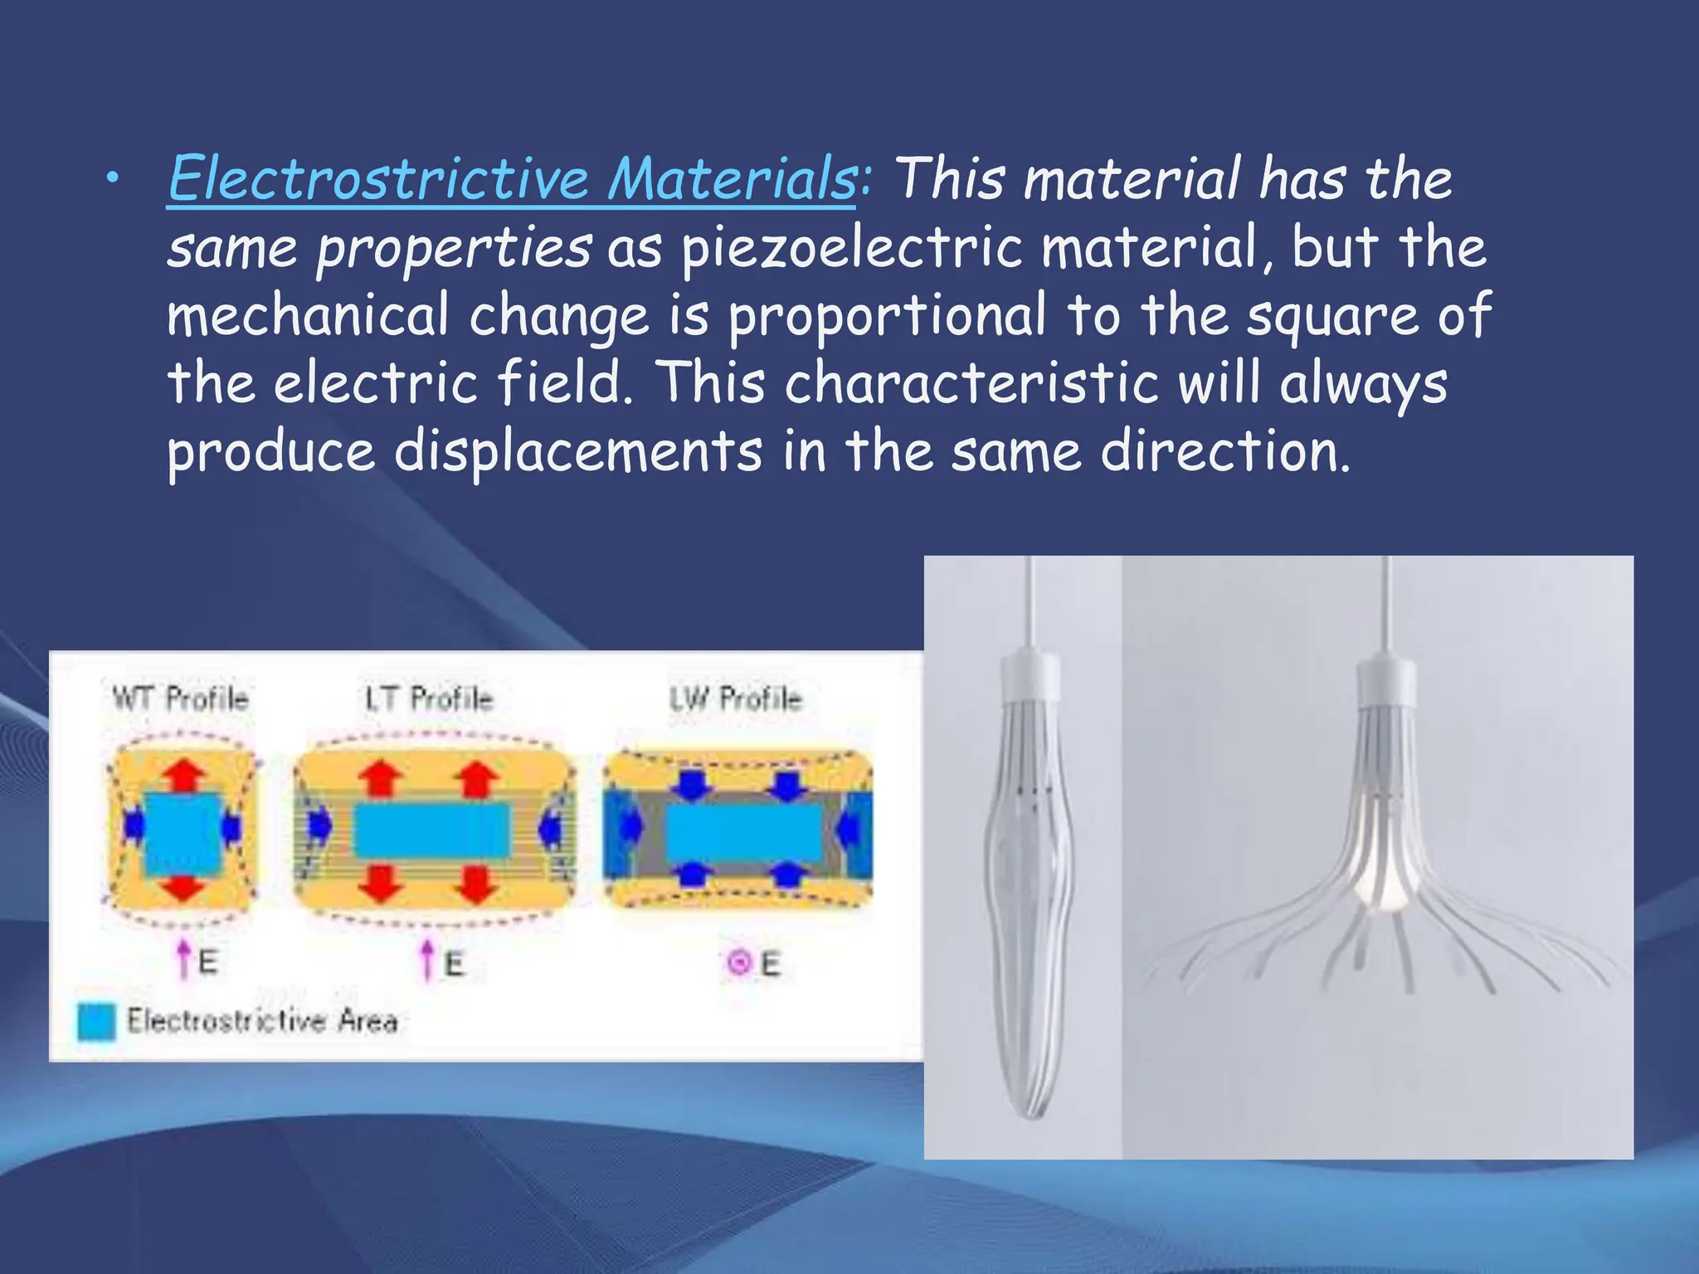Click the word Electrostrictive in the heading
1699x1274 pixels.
[x=378, y=178]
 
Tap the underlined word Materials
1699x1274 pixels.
[x=731, y=178]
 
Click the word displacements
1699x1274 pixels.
[x=577, y=452]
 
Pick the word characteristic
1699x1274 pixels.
[x=971, y=384]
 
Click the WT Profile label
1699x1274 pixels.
[x=180, y=698]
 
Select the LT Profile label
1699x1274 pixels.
[x=429, y=698]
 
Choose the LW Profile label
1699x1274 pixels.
[x=736, y=698]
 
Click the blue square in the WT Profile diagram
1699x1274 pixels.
[x=183, y=834]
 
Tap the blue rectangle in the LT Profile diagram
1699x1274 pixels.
[x=431, y=831]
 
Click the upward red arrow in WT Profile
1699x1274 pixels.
[x=183, y=776]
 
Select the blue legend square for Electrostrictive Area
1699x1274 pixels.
[x=96, y=1021]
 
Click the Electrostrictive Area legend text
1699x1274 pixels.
[x=262, y=1020]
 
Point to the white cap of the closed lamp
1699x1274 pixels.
[x=1030, y=677]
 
